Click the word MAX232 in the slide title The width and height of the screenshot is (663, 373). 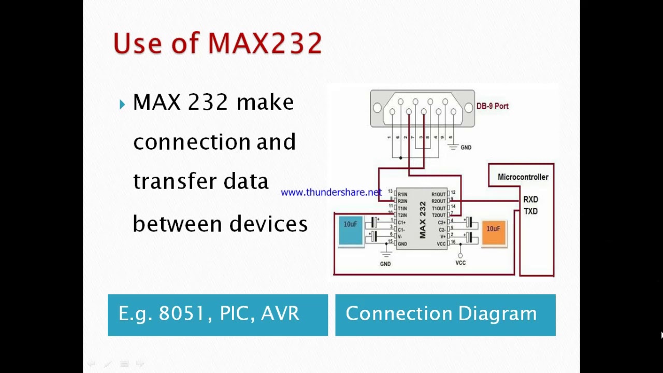[265, 43]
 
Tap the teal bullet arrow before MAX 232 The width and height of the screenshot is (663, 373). [122, 104]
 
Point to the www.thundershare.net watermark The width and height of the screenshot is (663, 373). [331, 192]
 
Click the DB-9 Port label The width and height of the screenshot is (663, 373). [492, 106]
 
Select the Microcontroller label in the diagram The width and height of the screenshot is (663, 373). [523, 177]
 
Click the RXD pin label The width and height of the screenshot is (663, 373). [530, 199]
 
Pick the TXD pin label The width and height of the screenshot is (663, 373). [530, 211]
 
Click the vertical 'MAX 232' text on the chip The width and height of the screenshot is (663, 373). [422, 220]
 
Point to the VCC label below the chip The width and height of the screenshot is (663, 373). [460, 263]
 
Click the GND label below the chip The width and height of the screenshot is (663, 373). [385, 264]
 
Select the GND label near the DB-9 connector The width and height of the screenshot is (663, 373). [466, 148]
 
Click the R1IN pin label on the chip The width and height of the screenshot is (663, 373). [402, 194]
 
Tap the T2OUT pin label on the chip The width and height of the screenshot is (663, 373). [439, 215]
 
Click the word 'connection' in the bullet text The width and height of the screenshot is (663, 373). [192, 142]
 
